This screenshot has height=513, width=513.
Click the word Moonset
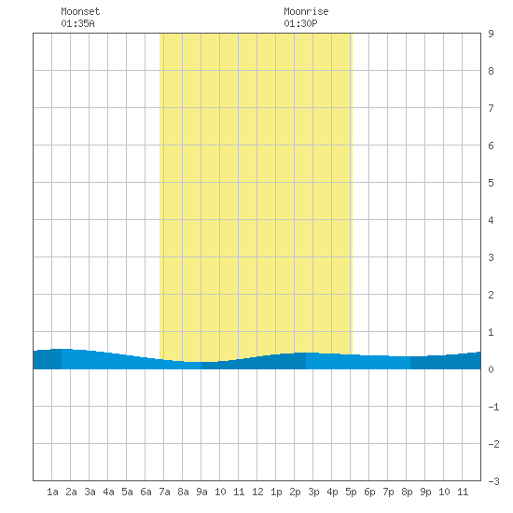(80, 11)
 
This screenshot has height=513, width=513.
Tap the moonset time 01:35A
(77, 23)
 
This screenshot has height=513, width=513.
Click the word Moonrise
(306, 11)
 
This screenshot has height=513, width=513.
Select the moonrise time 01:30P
(300, 23)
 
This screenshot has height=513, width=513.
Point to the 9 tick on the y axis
(491, 34)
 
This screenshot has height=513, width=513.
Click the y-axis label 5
(491, 183)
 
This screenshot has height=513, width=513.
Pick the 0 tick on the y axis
(491, 369)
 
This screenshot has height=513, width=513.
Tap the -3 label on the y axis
(493, 481)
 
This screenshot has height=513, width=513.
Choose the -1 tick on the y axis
(493, 407)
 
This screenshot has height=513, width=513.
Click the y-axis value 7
(491, 108)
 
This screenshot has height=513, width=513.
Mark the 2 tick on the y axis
(491, 295)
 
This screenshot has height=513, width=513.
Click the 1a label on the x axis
(52, 492)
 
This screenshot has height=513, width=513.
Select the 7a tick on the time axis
(164, 492)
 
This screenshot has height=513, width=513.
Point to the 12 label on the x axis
(257, 492)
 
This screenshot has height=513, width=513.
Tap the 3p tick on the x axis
(313, 492)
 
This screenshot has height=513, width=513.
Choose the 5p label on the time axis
(351, 492)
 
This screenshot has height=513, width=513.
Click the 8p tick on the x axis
(407, 492)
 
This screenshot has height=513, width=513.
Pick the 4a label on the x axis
(108, 492)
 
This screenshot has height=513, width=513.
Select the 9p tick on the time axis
(425, 492)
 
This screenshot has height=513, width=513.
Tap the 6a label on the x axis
(146, 492)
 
